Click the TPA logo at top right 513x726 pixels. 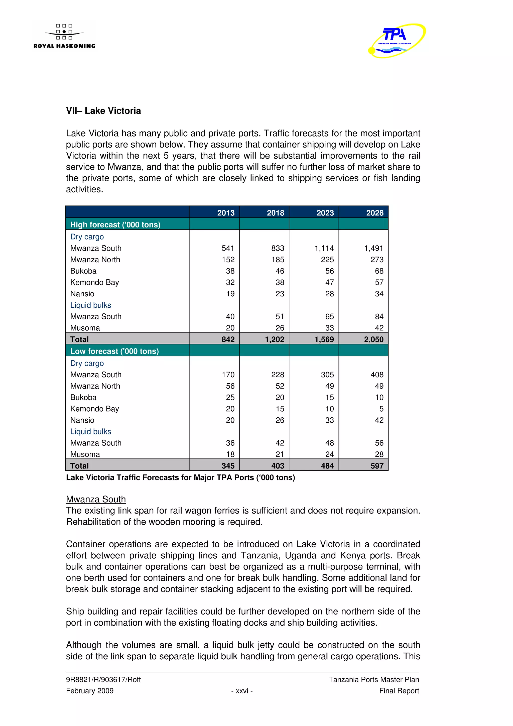coord(397,40)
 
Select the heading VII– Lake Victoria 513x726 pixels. coord(103,111)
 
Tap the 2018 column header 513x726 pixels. coord(275,213)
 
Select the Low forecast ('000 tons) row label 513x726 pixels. coord(114,351)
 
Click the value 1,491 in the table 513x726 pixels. coord(374,248)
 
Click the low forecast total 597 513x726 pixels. coord(377,466)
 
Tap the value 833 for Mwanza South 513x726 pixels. coord(278,248)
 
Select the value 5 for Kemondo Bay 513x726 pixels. coord(381,409)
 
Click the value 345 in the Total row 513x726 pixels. coord(228,466)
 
